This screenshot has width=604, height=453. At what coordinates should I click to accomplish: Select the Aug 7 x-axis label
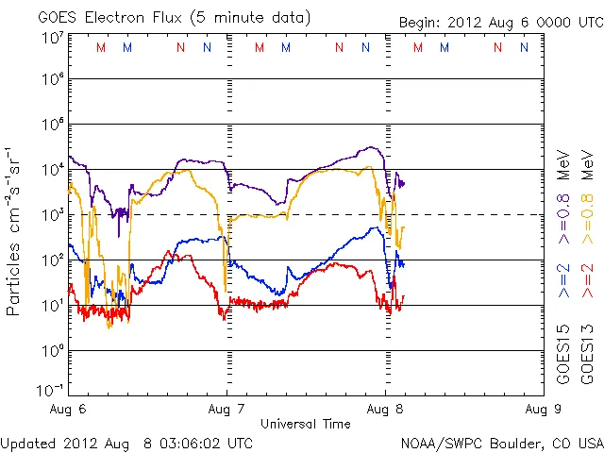(x=226, y=410)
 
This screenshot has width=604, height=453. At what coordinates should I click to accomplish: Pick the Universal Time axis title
(x=305, y=424)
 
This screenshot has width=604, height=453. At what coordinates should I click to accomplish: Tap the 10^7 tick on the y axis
(x=52, y=38)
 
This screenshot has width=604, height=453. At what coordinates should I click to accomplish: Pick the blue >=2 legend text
(x=563, y=279)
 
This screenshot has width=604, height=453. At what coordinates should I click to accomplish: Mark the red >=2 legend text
(x=586, y=279)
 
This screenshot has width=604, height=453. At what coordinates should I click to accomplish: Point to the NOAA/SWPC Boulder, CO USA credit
(x=501, y=443)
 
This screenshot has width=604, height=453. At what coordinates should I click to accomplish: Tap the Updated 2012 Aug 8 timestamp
(x=127, y=443)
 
